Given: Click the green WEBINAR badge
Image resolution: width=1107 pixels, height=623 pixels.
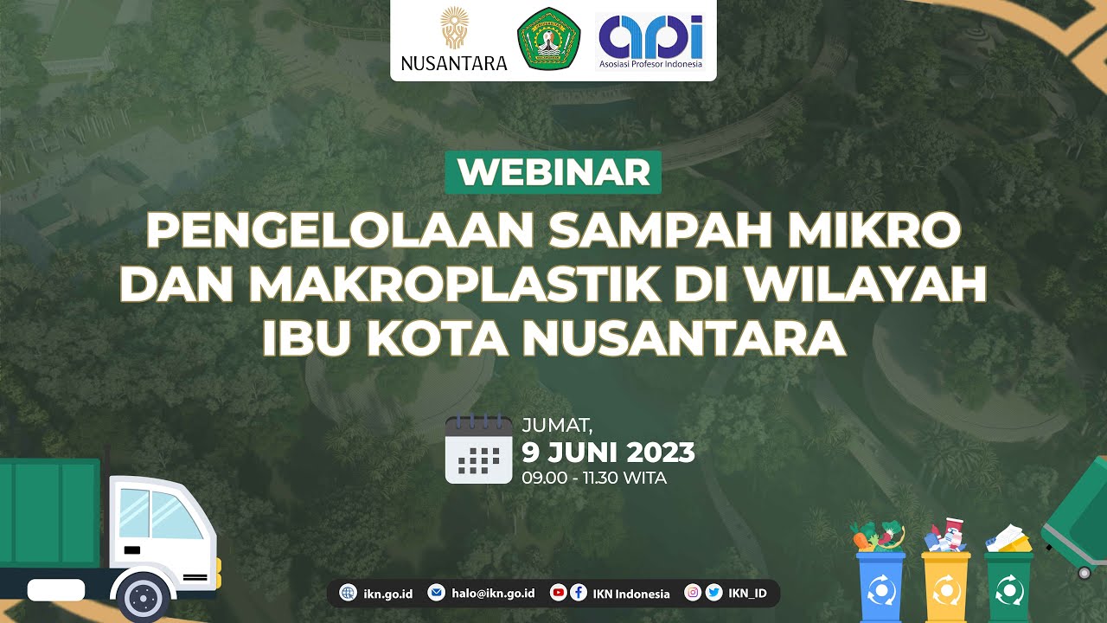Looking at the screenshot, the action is point(553,172).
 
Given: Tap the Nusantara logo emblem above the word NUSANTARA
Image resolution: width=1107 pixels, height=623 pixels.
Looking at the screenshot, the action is point(454,29).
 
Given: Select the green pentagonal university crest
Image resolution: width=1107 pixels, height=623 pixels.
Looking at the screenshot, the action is point(548,39).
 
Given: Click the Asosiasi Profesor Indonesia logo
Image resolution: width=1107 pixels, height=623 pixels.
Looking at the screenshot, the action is point(650,42).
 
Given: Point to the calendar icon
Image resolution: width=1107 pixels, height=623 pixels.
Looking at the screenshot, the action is point(478,449).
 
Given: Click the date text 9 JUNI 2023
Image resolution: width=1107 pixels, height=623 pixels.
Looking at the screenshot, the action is point(608,452).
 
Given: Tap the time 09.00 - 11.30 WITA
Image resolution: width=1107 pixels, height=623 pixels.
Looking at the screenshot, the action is point(594,478).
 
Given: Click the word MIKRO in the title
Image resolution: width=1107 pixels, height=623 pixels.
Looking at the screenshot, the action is point(873,230).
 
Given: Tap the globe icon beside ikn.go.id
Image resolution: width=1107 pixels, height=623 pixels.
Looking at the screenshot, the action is point(348,593).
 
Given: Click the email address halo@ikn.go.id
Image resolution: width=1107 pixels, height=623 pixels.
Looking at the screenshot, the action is point(493,593).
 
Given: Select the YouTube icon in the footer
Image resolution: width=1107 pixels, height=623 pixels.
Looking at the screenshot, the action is point(558,593).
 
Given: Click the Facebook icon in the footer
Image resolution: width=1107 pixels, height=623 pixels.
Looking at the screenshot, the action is point(579,593).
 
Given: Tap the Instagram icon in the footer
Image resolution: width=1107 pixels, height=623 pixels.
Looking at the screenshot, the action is point(693,593).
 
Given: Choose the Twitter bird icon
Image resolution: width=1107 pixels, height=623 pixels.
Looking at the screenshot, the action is point(713,593).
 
